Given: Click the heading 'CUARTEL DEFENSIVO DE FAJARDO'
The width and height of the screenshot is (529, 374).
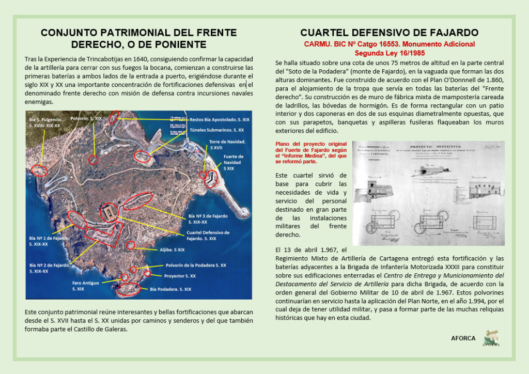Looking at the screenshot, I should [389, 33].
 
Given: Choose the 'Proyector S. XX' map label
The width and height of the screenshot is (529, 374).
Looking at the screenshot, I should [180, 276].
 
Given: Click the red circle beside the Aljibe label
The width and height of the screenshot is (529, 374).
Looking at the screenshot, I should [131, 245].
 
